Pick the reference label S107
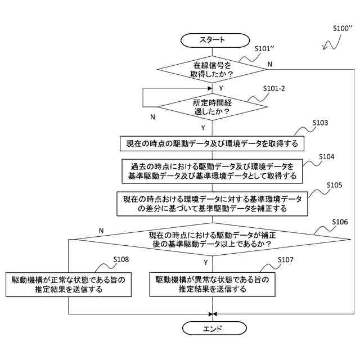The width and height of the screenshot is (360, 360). tap(286, 259)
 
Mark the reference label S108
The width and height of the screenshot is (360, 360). tap(120, 259)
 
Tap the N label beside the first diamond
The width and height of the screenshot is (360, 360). tap(270, 64)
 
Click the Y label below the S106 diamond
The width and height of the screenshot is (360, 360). tap(206, 262)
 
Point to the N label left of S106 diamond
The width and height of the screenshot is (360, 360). tap(101, 231)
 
